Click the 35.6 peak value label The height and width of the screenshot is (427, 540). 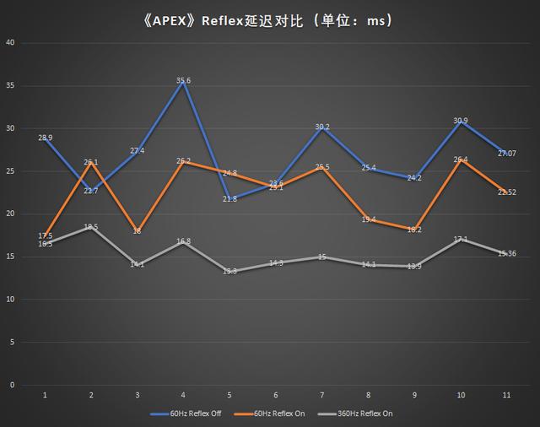(183, 81)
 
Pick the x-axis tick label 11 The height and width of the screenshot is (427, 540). (506, 395)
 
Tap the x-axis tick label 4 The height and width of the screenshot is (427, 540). (183, 395)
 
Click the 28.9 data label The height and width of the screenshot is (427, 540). (46, 138)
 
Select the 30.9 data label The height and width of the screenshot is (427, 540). (461, 121)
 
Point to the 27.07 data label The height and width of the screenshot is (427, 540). (507, 154)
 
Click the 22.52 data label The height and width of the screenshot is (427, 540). (507, 192)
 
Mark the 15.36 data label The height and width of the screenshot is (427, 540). (507, 254)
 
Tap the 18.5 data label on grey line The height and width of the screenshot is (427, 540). (91, 227)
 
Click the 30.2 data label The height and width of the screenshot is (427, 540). (321, 127)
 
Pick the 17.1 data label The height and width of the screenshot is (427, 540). (461, 240)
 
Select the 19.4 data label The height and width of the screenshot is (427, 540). (368, 219)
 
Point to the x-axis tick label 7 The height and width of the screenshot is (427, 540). (321, 395)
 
